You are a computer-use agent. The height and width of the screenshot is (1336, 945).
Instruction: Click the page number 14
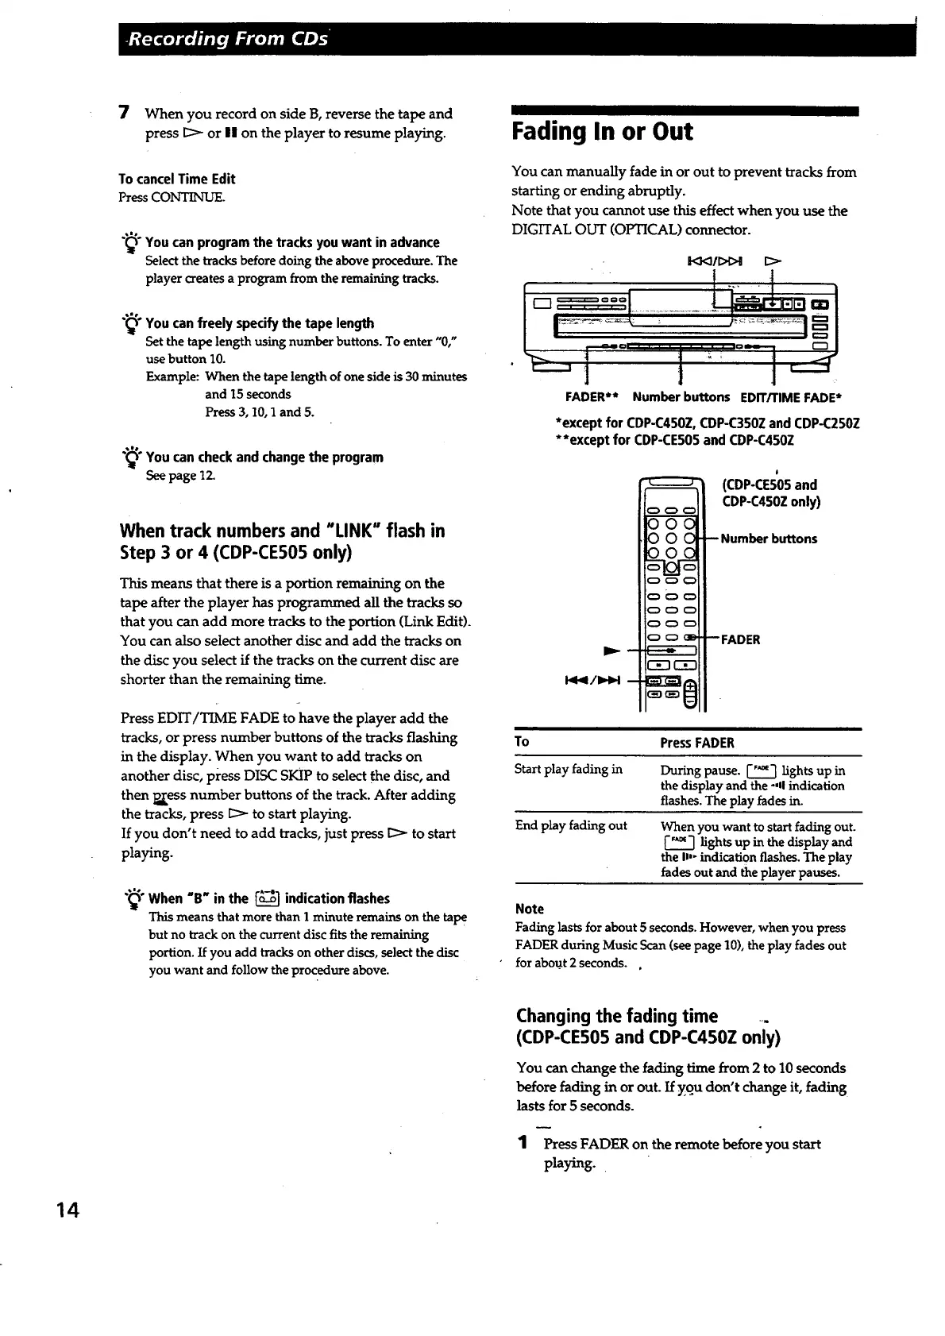[x=67, y=1210]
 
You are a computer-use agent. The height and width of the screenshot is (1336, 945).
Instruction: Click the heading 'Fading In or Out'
[x=602, y=132]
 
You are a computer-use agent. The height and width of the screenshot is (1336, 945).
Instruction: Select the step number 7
[x=124, y=114]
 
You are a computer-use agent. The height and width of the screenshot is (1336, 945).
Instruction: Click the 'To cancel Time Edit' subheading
[x=177, y=179]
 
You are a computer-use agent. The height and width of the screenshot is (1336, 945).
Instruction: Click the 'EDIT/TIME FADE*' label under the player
[x=790, y=397]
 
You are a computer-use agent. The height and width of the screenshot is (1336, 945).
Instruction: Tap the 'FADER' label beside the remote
[x=740, y=639]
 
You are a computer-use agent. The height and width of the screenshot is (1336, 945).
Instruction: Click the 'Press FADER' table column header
[x=697, y=743]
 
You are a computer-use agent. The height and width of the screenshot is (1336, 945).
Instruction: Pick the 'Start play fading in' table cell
[x=569, y=769]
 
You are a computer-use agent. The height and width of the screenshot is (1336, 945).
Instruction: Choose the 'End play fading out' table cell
[x=571, y=825]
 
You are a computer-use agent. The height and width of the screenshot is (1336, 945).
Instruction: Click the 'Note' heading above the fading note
[x=530, y=909]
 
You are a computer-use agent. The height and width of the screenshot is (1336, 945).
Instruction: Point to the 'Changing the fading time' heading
[x=617, y=1016]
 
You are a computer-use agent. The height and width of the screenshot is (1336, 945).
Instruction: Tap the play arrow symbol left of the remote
[x=611, y=651]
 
